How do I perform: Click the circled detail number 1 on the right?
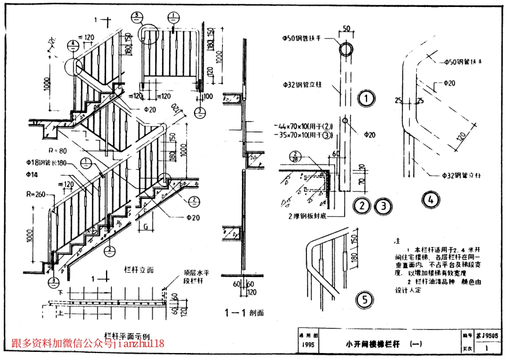(366, 98)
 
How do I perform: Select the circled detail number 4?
(430, 200)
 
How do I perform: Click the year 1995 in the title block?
(308, 345)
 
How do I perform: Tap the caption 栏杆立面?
(139, 269)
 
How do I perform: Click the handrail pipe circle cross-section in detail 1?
(346, 50)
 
